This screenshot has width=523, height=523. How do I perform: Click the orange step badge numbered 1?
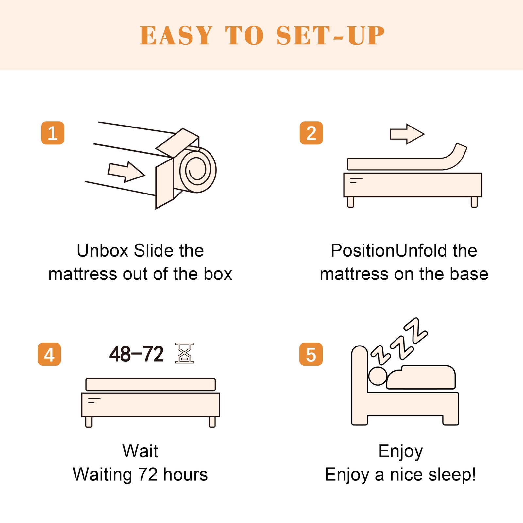[53, 133]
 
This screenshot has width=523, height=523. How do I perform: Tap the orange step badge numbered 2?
[311, 133]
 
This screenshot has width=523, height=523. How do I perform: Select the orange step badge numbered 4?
[49, 354]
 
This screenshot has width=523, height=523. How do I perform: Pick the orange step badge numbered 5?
[311, 354]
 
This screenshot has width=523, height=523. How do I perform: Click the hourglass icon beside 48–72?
[184, 353]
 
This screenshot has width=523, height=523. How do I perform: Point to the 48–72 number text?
[136, 354]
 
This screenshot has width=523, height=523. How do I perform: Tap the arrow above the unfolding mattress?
[407, 134]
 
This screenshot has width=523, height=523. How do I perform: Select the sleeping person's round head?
[378, 376]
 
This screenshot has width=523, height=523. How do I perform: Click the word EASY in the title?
[176, 36]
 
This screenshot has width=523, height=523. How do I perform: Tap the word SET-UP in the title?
[330, 36]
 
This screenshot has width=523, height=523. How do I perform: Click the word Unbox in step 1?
[103, 251]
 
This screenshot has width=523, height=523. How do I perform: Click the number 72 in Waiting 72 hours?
[148, 475]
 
